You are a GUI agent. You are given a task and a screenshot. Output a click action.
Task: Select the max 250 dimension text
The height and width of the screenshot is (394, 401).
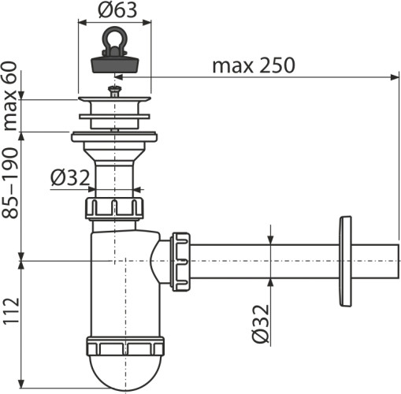click(x=253, y=65)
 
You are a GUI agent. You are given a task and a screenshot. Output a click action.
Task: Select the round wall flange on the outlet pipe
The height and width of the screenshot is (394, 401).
click(x=344, y=260)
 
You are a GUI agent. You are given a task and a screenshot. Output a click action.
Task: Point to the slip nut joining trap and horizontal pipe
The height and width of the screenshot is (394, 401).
click(x=180, y=260)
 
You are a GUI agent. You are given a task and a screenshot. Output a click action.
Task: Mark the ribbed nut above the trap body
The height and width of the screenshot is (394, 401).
click(x=115, y=209)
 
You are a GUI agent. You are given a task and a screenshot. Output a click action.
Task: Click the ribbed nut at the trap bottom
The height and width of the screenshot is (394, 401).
click(x=125, y=348)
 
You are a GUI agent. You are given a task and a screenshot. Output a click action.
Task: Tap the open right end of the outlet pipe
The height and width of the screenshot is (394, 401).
click(x=396, y=260)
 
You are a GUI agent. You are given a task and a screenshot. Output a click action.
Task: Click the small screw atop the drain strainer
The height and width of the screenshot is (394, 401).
click(x=116, y=91)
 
